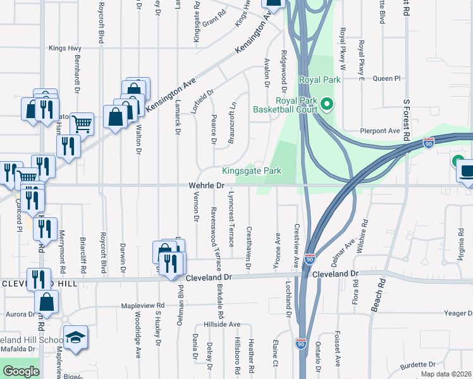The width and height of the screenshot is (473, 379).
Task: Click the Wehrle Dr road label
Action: [x=206, y=186]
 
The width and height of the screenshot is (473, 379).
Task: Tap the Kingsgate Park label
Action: [x=251, y=171]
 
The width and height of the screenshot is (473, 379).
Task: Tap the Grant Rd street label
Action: [x=214, y=13]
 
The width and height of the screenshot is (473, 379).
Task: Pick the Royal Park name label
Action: [x=320, y=80]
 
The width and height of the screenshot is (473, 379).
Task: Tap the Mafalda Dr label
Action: [x=16, y=349]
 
